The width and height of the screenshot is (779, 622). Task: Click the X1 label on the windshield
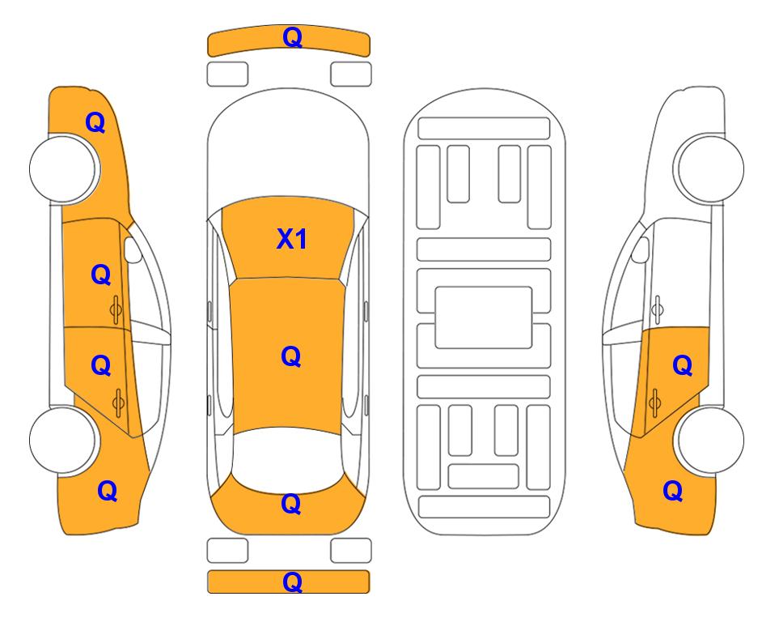pos(292,239)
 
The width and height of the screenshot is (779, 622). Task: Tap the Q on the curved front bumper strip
pos(292,37)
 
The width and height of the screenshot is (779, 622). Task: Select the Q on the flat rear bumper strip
pos(292,582)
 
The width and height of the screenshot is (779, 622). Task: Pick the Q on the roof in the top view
pos(290,356)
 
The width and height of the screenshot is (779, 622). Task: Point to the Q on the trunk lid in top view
pos(290,504)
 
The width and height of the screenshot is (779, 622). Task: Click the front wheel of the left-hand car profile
pos(64,168)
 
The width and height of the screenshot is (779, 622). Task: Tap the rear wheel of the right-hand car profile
pos(709,440)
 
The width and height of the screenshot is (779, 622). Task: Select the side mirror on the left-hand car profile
pos(132,249)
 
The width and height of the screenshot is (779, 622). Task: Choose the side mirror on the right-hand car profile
pos(640,249)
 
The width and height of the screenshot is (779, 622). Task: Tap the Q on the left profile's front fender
pos(95,122)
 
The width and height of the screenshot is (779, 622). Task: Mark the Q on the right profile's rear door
pos(682,366)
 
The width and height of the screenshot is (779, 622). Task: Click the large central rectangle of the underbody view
pos(484,317)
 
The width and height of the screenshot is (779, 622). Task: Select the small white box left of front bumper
pos(227,75)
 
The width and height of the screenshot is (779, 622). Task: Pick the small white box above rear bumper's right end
pos(351,551)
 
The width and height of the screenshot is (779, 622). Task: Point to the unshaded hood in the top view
pos(288,144)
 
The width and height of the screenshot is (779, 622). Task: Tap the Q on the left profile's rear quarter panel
pos(108,491)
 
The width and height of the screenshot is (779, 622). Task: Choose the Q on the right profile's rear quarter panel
pos(673,491)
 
